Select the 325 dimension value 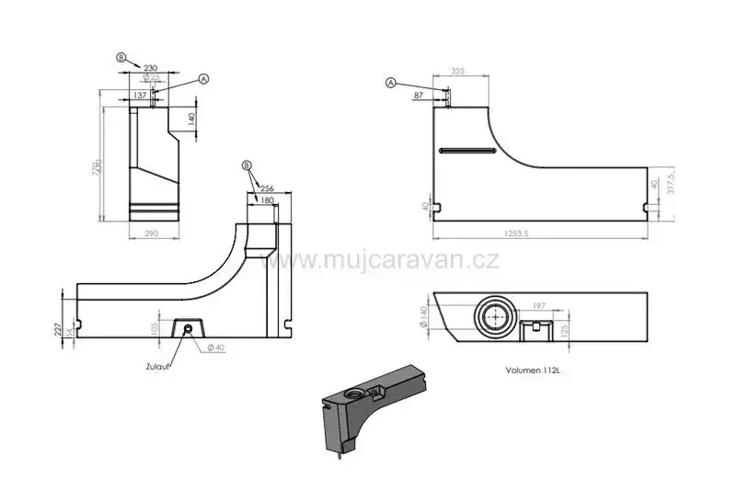[x=457, y=70]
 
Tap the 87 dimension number [x=420, y=95]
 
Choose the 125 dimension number [x=564, y=328]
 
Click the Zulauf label [x=158, y=366]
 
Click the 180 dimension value [x=267, y=199]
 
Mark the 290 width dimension [x=152, y=234]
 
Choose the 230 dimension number [x=151, y=67]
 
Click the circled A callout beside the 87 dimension [x=391, y=83]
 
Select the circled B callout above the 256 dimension [x=247, y=165]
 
